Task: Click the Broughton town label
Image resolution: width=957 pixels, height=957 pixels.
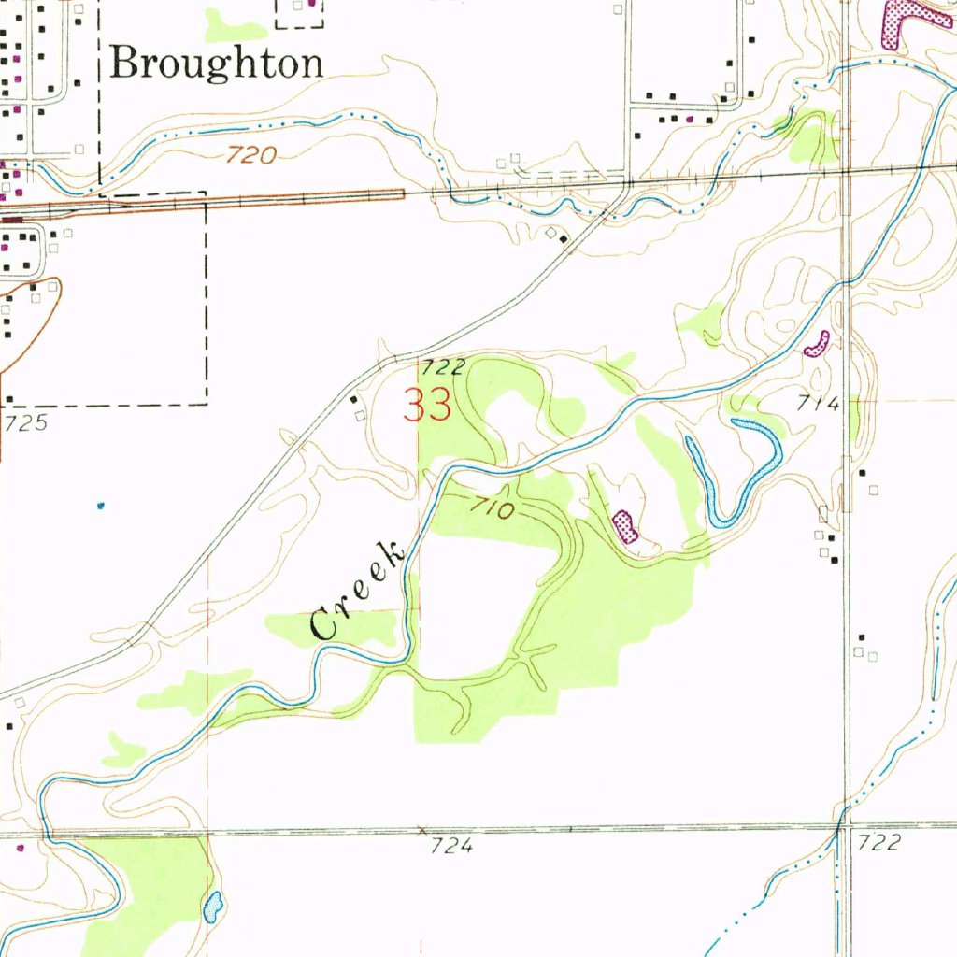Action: pos(218,63)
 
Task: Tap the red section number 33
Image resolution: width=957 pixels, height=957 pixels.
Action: pos(429,406)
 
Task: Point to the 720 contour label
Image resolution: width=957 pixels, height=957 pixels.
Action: pos(251,156)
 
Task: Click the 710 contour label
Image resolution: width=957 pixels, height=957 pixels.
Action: pos(492,507)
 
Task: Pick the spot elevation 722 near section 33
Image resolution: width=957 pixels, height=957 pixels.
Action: pos(442,367)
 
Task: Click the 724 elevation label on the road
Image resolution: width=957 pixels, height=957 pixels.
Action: pos(452,847)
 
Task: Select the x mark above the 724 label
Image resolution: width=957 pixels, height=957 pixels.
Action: pos(422,829)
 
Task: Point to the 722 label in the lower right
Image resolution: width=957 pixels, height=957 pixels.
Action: pos(878,844)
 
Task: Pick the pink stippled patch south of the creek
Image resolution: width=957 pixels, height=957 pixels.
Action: pos(623,526)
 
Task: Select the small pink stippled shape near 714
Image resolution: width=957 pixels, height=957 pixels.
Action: pos(817,344)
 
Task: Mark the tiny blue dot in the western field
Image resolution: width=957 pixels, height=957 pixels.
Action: pos(101,506)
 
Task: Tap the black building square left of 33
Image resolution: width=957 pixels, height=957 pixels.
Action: pos(353,400)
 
